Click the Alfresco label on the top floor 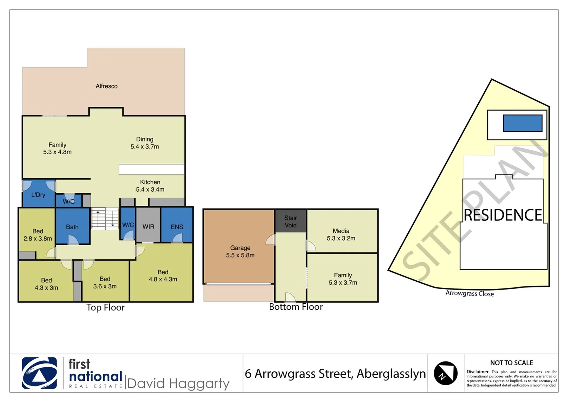click(x=106, y=86)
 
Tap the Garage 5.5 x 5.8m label click(x=240, y=252)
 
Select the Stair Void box click(x=291, y=221)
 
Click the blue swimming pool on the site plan click(x=522, y=123)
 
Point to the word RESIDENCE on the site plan click(x=503, y=215)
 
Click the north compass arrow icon click(x=445, y=373)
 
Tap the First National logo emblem click(x=39, y=373)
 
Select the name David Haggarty click(x=178, y=383)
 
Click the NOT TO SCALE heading click(x=511, y=363)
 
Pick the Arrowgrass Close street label click(x=469, y=293)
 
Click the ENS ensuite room click(x=177, y=227)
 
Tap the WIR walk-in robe click(x=148, y=226)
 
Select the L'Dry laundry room click(x=38, y=195)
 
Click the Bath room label click(x=72, y=227)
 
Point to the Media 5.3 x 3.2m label click(x=341, y=234)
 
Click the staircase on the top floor click(x=105, y=218)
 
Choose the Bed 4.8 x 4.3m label click(x=163, y=275)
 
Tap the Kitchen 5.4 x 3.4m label click(x=150, y=186)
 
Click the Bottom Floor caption click(x=296, y=307)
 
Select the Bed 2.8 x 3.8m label click(x=38, y=235)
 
